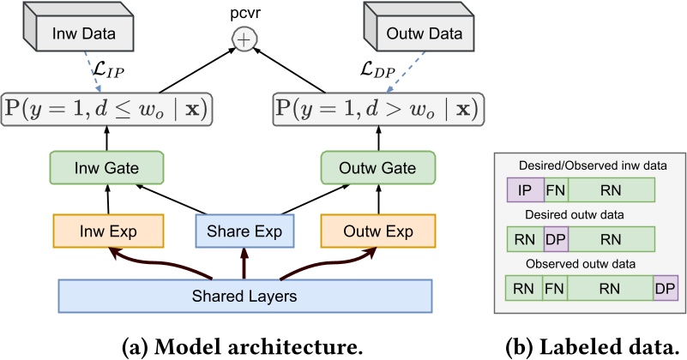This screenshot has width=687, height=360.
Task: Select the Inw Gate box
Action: pyautogui.click(x=107, y=167)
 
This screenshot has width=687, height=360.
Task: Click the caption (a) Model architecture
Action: pyautogui.click(x=244, y=347)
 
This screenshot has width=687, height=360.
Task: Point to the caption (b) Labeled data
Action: pyautogui.click(x=591, y=347)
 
